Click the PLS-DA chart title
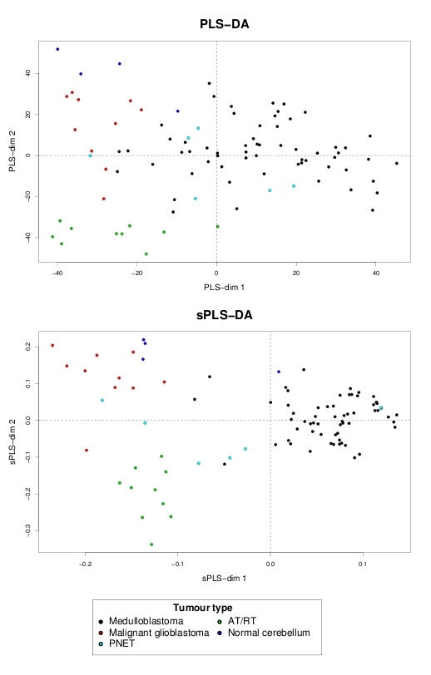coord(224,24)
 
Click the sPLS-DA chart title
coord(224,315)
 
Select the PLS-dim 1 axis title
coord(224,287)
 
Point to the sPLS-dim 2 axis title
coord(13,442)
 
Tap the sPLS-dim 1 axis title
coord(224,578)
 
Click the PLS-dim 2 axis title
coord(13,151)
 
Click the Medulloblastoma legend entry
coord(141,621)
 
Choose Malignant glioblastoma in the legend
coord(154,633)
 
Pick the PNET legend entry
coord(116,643)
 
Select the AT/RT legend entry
coord(237,621)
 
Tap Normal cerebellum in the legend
coord(264,633)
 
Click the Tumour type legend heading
coord(202,608)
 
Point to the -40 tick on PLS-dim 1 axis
coord(57,273)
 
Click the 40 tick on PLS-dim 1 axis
coord(376,273)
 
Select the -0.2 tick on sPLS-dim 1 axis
coord(86,564)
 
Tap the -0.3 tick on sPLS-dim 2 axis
coord(27,530)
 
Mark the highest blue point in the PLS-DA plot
coord(57,49)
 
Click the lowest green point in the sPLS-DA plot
coord(151,544)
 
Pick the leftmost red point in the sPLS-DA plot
coord(52,345)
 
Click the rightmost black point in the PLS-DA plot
coord(397,164)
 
